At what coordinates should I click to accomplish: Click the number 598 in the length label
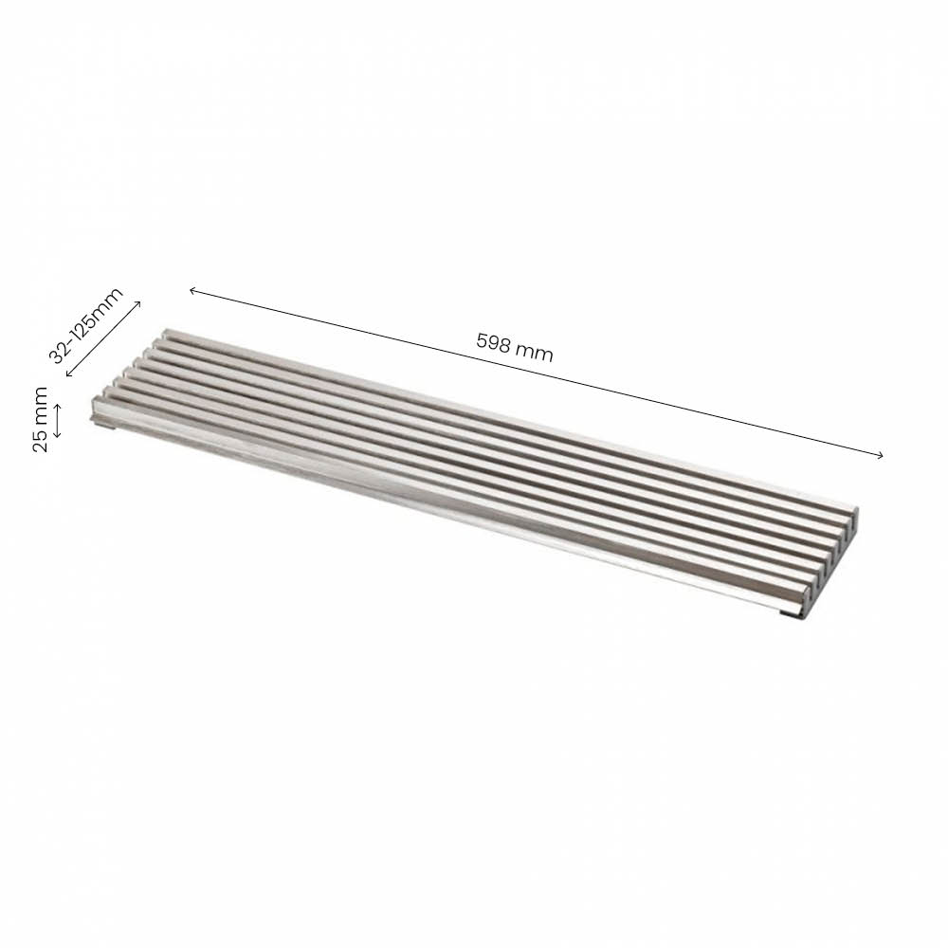(495, 344)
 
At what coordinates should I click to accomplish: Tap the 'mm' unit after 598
(536, 352)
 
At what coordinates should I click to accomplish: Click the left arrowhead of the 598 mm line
(191, 289)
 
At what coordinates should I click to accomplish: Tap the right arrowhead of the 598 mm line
(881, 456)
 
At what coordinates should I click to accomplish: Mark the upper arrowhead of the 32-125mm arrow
(139, 302)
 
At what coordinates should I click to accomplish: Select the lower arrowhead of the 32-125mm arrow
(67, 375)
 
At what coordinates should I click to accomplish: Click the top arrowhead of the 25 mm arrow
(58, 406)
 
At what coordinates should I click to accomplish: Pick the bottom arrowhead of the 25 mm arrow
(58, 435)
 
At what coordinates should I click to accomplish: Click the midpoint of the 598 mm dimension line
(536, 373)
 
